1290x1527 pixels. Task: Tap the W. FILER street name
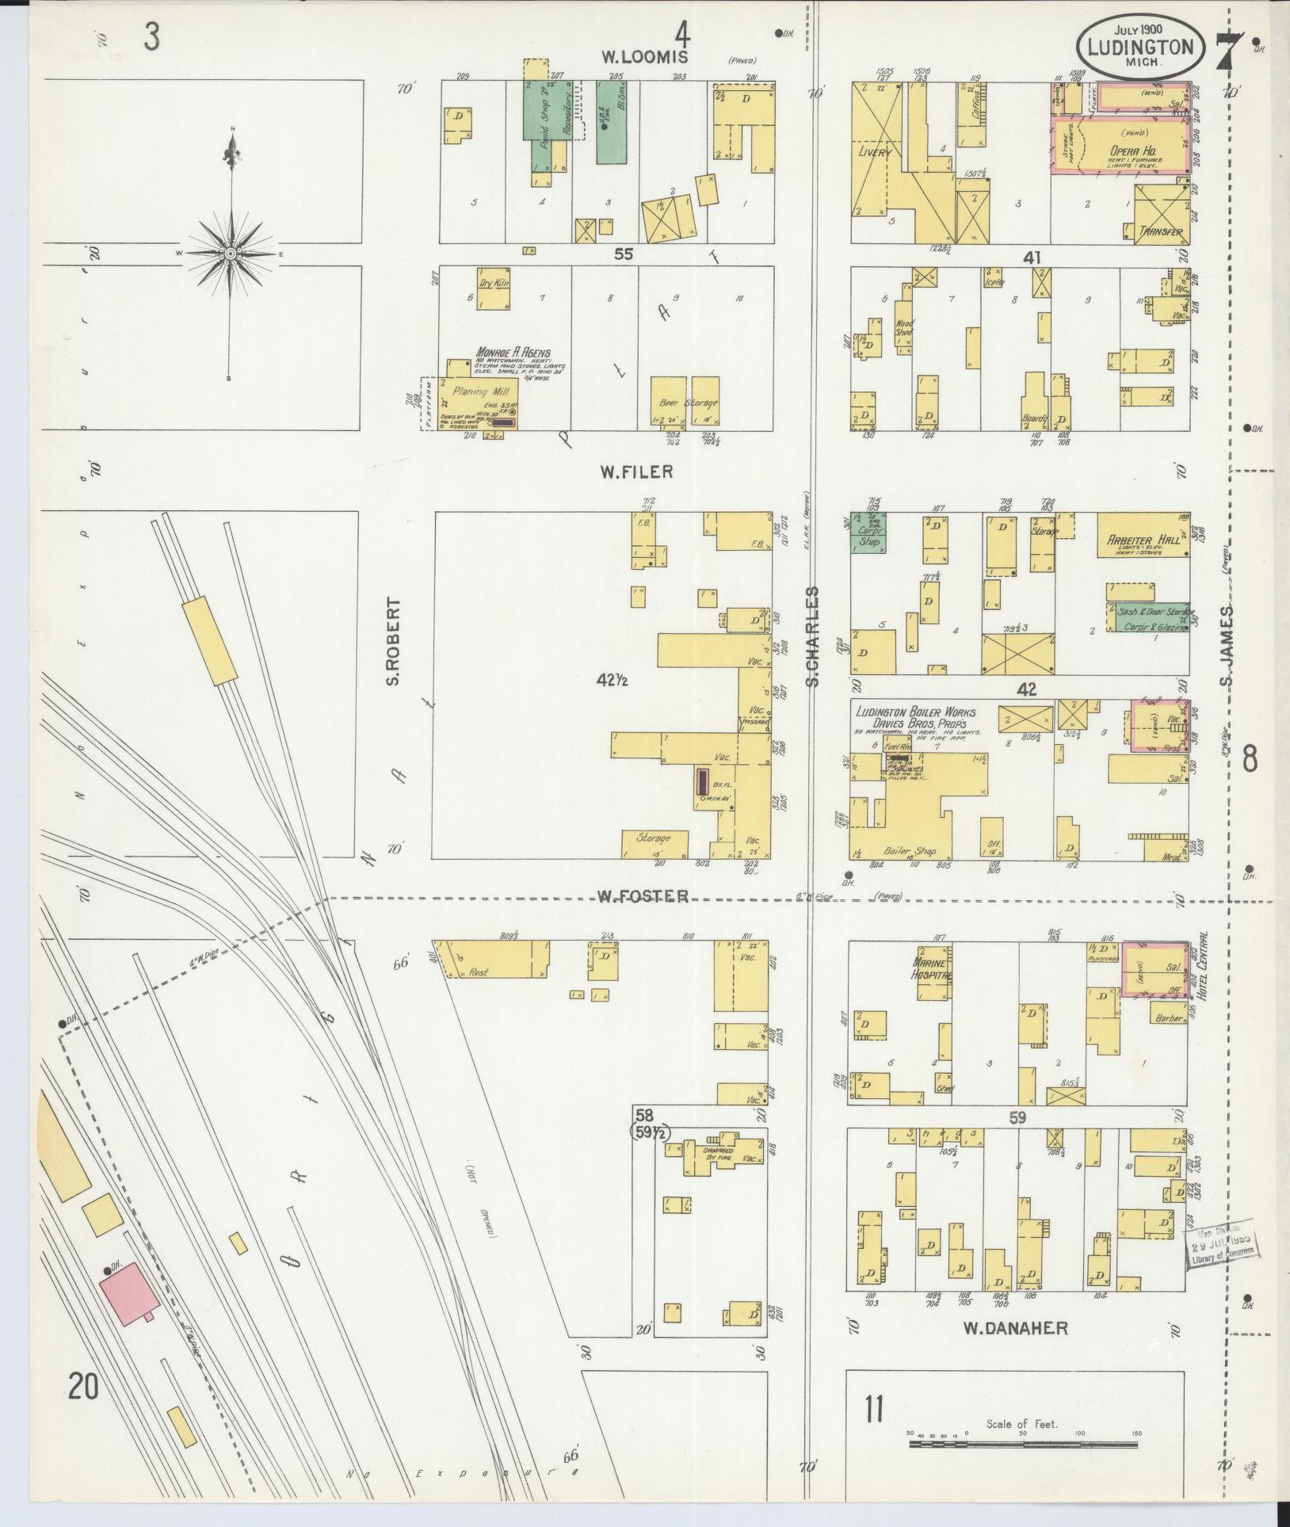pyautogui.click(x=635, y=471)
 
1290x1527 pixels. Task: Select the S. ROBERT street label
pyautogui.click(x=394, y=642)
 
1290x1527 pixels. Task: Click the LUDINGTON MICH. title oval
pyautogui.click(x=1140, y=49)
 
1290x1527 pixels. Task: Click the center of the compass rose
pyautogui.click(x=230, y=253)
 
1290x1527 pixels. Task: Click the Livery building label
pyautogui.click(x=874, y=152)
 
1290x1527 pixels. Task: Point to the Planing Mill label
pyautogui.click(x=473, y=391)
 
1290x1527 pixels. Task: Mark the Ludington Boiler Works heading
pyautogui.click(x=915, y=712)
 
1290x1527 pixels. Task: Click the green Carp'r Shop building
pyautogui.click(x=868, y=532)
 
